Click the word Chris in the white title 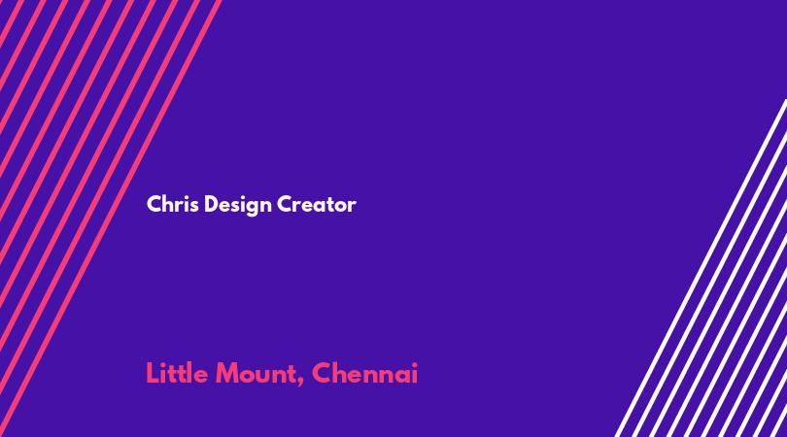point(173,204)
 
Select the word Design point(238,205)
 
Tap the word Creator point(317,204)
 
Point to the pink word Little point(177,373)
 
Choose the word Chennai point(365,373)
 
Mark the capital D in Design point(211,204)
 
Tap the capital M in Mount point(226,374)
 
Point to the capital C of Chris point(154,204)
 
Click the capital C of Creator point(285,204)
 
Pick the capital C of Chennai point(322,374)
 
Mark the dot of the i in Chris point(186,197)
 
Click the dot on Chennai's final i point(414,365)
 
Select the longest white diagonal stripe point(701,268)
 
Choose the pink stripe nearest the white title point(111,218)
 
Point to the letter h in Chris point(169,204)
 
